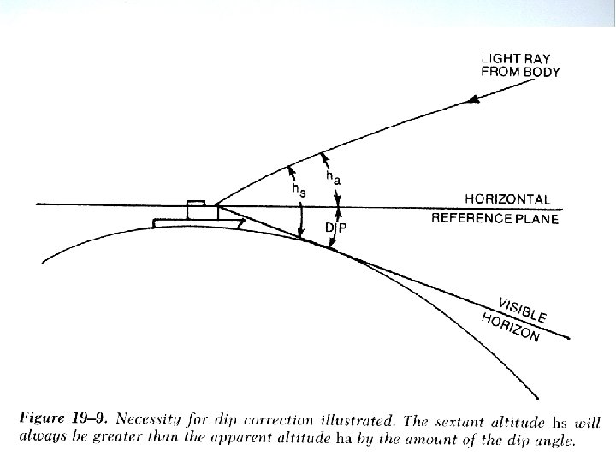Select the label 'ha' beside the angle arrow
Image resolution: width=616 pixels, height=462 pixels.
tap(332, 176)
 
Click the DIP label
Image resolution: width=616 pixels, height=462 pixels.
tap(337, 227)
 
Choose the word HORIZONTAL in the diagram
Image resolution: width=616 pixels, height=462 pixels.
tap(507, 199)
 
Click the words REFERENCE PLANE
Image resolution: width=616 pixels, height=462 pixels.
tap(495, 219)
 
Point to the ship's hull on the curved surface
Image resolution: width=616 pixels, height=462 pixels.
tap(197, 223)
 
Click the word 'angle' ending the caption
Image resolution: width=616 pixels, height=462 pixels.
tap(555, 441)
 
